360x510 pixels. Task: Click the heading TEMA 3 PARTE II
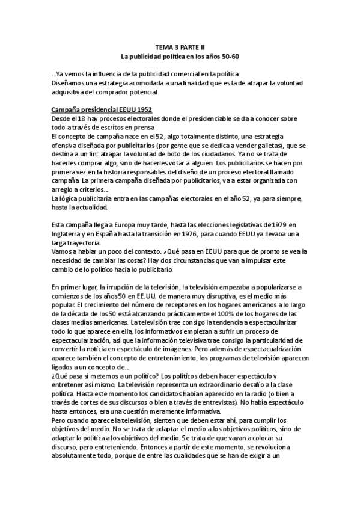click(180, 45)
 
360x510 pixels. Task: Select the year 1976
click(198, 233)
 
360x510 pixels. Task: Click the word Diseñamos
click(70, 83)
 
